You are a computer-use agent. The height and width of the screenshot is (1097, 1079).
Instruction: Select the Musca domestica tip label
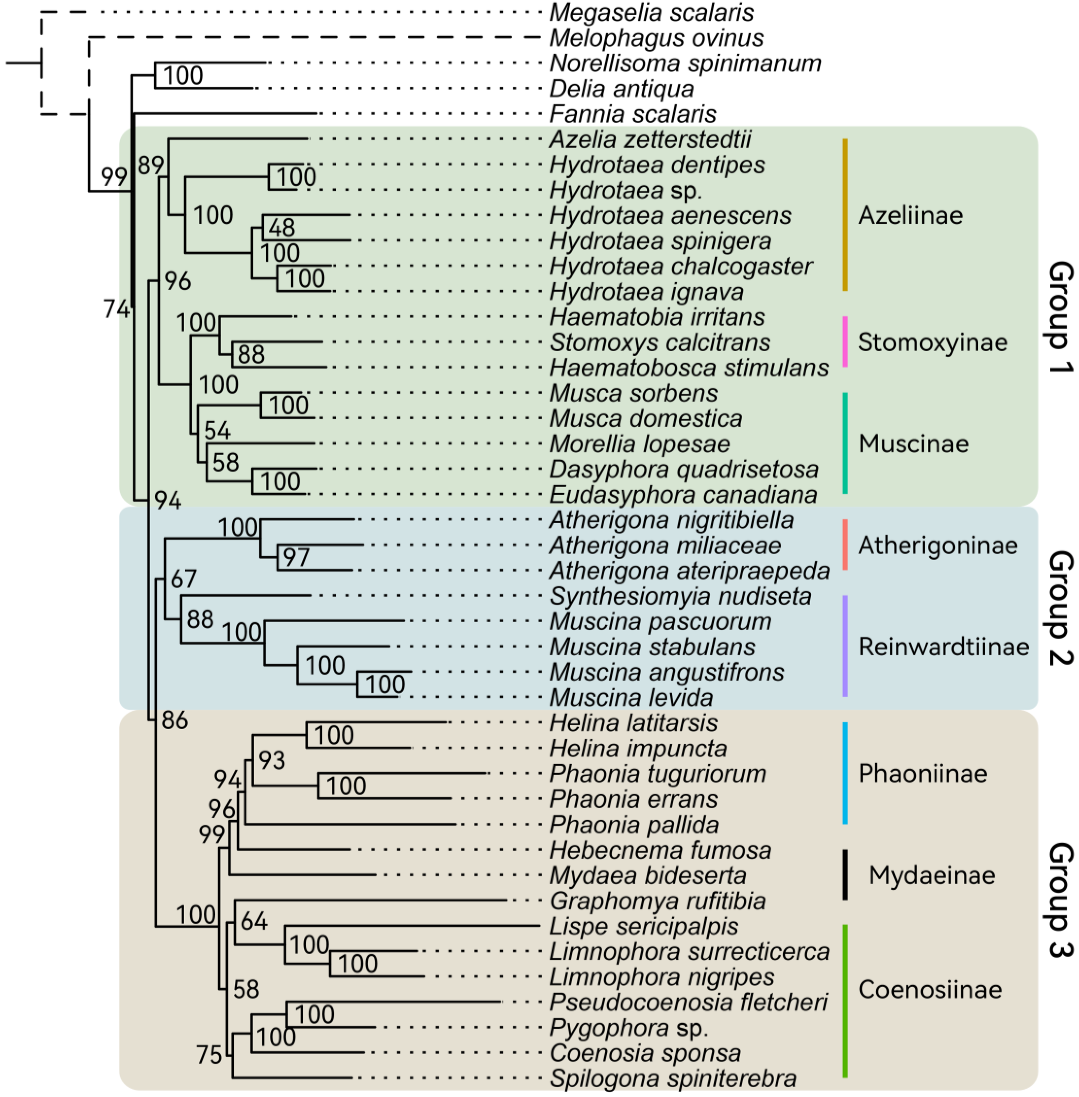coord(645,419)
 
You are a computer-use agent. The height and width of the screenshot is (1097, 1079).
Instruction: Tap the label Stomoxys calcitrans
coord(660,343)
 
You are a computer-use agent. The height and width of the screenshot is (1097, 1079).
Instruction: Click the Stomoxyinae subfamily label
coord(932,342)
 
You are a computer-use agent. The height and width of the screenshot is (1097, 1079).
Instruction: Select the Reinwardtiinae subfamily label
coord(943,647)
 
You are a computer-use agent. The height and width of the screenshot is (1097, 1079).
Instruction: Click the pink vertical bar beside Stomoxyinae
coord(845,342)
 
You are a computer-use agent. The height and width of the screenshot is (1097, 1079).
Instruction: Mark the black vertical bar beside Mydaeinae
coord(845,875)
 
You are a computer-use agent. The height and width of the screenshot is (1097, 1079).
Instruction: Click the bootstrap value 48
coord(282,228)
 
